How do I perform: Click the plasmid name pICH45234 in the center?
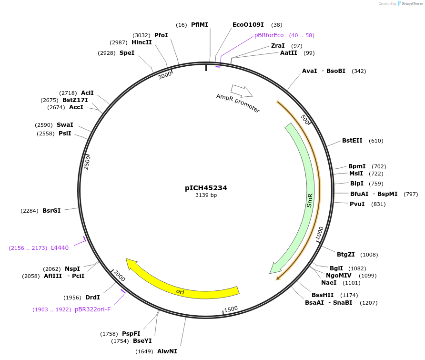coord(206,188)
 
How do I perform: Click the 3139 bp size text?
coord(206,195)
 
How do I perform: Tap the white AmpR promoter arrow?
coord(241,90)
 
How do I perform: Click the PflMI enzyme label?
coord(199,25)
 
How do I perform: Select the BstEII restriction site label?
coord(352,141)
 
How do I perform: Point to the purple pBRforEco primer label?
coord(269,35)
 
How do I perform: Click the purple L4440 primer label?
coord(60,248)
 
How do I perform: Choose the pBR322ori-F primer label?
coord(92,309)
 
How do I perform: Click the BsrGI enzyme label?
coord(51,210)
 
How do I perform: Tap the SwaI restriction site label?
coord(65,125)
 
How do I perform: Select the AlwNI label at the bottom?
coord(167,351)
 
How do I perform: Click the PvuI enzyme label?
coord(357,204)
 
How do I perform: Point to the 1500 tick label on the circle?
coord(231,309)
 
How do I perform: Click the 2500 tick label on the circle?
coord(87,162)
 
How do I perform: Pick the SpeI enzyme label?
coord(127,53)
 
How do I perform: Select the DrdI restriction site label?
coord(92,298)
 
